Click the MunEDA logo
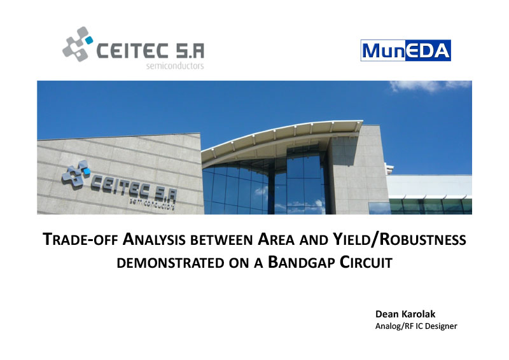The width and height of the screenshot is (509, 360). (x=405, y=50)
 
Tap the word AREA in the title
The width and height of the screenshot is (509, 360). (x=276, y=240)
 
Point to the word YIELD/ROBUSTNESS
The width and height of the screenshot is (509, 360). (x=400, y=240)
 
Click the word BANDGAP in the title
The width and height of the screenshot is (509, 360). (x=302, y=262)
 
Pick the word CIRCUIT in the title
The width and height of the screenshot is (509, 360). (x=366, y=262)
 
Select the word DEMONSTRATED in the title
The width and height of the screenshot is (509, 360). (x=171, y=263)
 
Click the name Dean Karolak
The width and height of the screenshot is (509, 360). (x=405, y=314)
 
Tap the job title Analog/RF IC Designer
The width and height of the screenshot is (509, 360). (x=416, y=326)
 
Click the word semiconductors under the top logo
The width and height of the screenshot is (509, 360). (x=175, y=66)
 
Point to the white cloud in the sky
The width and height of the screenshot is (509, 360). (x=429, y=86)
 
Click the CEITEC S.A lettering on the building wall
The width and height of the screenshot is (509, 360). (x=134, y=189)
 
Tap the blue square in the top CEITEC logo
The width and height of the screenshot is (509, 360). (x=88, y=40)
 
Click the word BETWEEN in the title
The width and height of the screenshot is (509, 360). (x=221, y=240)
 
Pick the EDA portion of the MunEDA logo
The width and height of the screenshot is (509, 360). (x=428, y=50)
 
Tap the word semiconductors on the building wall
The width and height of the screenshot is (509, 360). (x=152, y=204)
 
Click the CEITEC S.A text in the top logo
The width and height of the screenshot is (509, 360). (x=151, y=51)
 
